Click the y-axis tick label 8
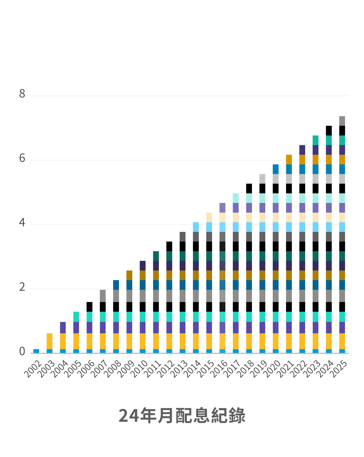pyautogui.click(x=22, y=94)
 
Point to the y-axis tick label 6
pyautogui.click(x=22, y=158)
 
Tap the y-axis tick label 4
pyautogui.click(x=22, y=223)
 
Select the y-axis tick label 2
pyautogui.click(x=22, y=287)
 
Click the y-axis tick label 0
pyautogui.click(x=22, y=352)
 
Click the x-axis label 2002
pyautogui.click(x=33, y=369)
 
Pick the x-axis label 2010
pyautogui.click(x=140, y=369)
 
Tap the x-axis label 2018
pyautogui.click(x=246, y=369)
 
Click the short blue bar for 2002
pyautogui.click(x=36, y=351)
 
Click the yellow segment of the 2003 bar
pyautogui.click(x=49, y=341)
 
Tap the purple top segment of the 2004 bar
pyautogui.click(x=63, y=327)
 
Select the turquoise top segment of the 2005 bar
pyautogui.click(x=76, y=317)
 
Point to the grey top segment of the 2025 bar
pyautogui.click(x=342, y=121)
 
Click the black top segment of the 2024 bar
pyautogui.click(x=329, y=130)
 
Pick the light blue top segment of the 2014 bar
pyautogui.click(x=196, y=227)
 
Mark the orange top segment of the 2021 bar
pyautogui.click(x=289, y=159)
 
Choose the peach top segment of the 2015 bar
pyautogui.click(x=209, y=217)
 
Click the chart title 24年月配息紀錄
pyautogui.click(x=182, y=416)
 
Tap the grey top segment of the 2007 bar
pyautogui.click(x=103, y=296)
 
